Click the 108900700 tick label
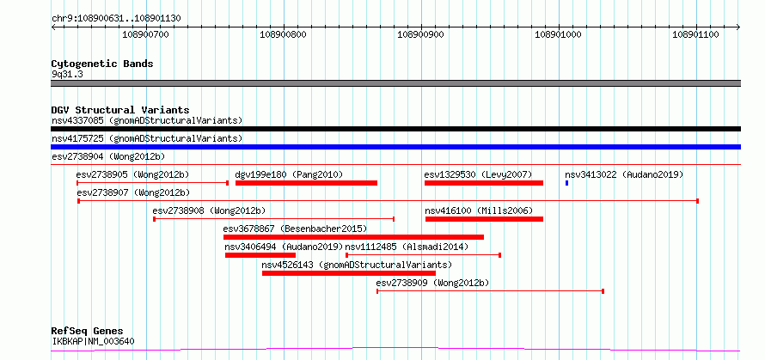tap(145, 34)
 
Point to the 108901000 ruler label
tap(558, 34)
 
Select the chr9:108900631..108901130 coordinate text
tap(117, 19)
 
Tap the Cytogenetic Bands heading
tap(102, 64)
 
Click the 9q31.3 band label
tap(67, 75)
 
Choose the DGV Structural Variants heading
tap(120, 110)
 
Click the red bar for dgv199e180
tap(306, 183)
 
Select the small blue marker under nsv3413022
tap(567, 183)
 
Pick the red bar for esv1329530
tap(484, 183)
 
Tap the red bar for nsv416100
tap(485, 219)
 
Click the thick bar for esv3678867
tap(354, 237)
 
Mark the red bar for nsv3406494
tap(260, 255)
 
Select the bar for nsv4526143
tap(349, 273)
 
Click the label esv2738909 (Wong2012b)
tap(432, 283)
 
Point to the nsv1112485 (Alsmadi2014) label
tap(407, 247)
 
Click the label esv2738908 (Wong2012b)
tap(210, 211)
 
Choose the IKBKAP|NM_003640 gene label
tap(93, 341)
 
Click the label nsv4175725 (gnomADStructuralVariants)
tap(147, 138)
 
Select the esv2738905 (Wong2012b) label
tap(132, 174)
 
